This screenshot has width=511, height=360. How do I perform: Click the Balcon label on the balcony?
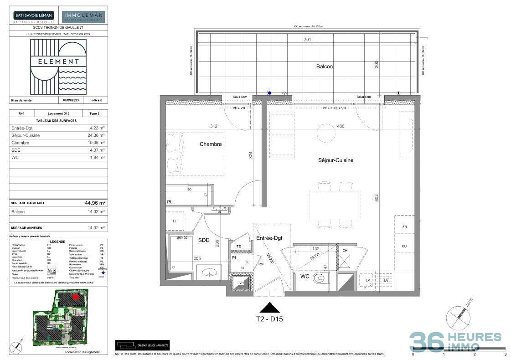pyautogui.click(x=325, y=67)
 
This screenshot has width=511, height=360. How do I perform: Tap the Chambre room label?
pyautogui.click(x=211, y=144)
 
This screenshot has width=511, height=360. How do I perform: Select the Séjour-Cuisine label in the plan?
pyautogui.click(x=336, y=160)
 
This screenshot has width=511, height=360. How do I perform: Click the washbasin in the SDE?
pyautogui.click(x=211, y=273)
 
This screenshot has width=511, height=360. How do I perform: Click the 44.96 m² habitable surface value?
pyautogui.click(x=95, y=203)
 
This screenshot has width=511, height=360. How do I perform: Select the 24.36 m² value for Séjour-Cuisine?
pyautogui.click(x=96, y=135)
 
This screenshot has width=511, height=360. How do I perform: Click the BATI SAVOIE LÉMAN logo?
pyautogui.click(x=34, y=17)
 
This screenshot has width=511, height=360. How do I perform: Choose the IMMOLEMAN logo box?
pyautogui.click(x=83, y=17)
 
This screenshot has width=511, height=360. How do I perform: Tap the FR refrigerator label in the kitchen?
pyautogui.click(x=404, y=227)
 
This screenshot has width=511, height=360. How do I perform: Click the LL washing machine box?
pyautogui.click(x=174, y=221)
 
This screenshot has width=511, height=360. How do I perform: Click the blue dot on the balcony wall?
pyautogui.click(x=269, y=93)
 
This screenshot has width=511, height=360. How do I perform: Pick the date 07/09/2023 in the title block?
pyautogui.click(x=70, y=100)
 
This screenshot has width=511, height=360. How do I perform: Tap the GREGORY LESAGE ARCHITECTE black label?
pyautogui.click(x=142, y=345)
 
